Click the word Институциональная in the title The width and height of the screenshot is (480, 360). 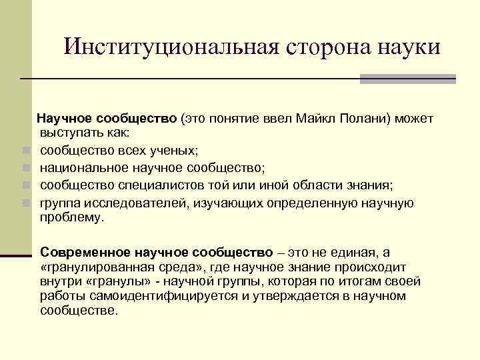pyautogui.click(x=172, y=47)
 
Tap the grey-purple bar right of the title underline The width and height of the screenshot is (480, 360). pyautogui.click(x=407, y=79)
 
